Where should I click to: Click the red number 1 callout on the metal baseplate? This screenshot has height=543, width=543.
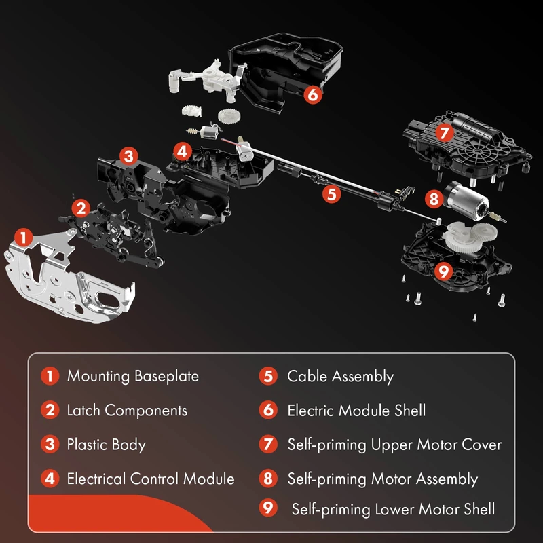tap(24, 238)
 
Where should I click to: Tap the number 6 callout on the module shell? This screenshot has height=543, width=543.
tap(313, 94)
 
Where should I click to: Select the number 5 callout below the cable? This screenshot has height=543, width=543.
tap(331, 194)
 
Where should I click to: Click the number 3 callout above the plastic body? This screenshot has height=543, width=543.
tap(129, 156)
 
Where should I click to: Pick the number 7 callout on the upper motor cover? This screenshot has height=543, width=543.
tap(445, 133)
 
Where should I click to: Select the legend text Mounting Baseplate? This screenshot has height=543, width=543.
tap(133, 376)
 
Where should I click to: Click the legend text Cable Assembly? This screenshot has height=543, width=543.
tap(341, 377)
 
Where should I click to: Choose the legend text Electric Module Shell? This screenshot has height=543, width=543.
tap(356, 411)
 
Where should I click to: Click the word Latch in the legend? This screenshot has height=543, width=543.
tap(83, 410)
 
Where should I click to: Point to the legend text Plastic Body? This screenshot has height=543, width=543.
tap(107, 445)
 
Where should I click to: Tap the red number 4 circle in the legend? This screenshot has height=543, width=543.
tap(50, 479)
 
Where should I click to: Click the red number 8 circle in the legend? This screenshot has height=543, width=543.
tap(268, 479)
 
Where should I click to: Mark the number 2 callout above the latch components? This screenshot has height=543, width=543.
tap(81, 208)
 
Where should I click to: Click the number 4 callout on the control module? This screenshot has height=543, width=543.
tap(182, 151)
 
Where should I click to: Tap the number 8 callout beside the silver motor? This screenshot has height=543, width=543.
tap(434, 199)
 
